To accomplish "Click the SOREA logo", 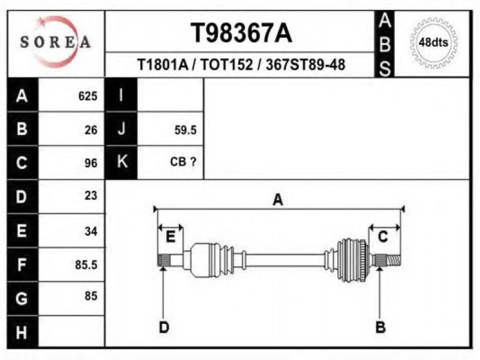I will click(x=55, y=41).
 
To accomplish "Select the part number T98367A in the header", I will click(x=241, y=34).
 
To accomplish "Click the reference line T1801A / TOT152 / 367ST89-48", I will click(x=241, y=65).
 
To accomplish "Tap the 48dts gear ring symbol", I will click(x=433, y=43).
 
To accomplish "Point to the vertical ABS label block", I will click(x=385, y=44).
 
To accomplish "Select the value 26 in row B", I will click(x=91, y=130).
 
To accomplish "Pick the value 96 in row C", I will click(x=91, y=163).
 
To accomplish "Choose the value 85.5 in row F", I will click(x=86, y=265).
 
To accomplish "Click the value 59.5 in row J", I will click(x=185, y=130).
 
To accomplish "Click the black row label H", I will click(x=22, y=331).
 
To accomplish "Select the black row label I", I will click(x=121, y=95).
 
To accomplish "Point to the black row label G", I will click(x=22, y=298).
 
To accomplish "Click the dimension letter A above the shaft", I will click(x=278, y=200).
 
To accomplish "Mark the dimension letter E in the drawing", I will click(x=170, y=237).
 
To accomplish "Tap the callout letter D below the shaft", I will click(x=163, y=327).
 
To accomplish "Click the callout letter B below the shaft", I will click(x=380, y=327).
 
